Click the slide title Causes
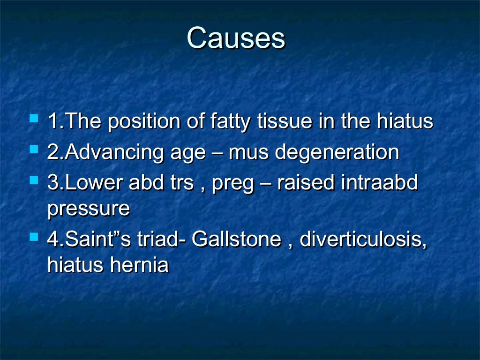tap(236, 38)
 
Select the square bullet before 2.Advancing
tap(33, 150)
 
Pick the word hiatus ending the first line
tap(405, 122)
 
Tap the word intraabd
tap(379, 183)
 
